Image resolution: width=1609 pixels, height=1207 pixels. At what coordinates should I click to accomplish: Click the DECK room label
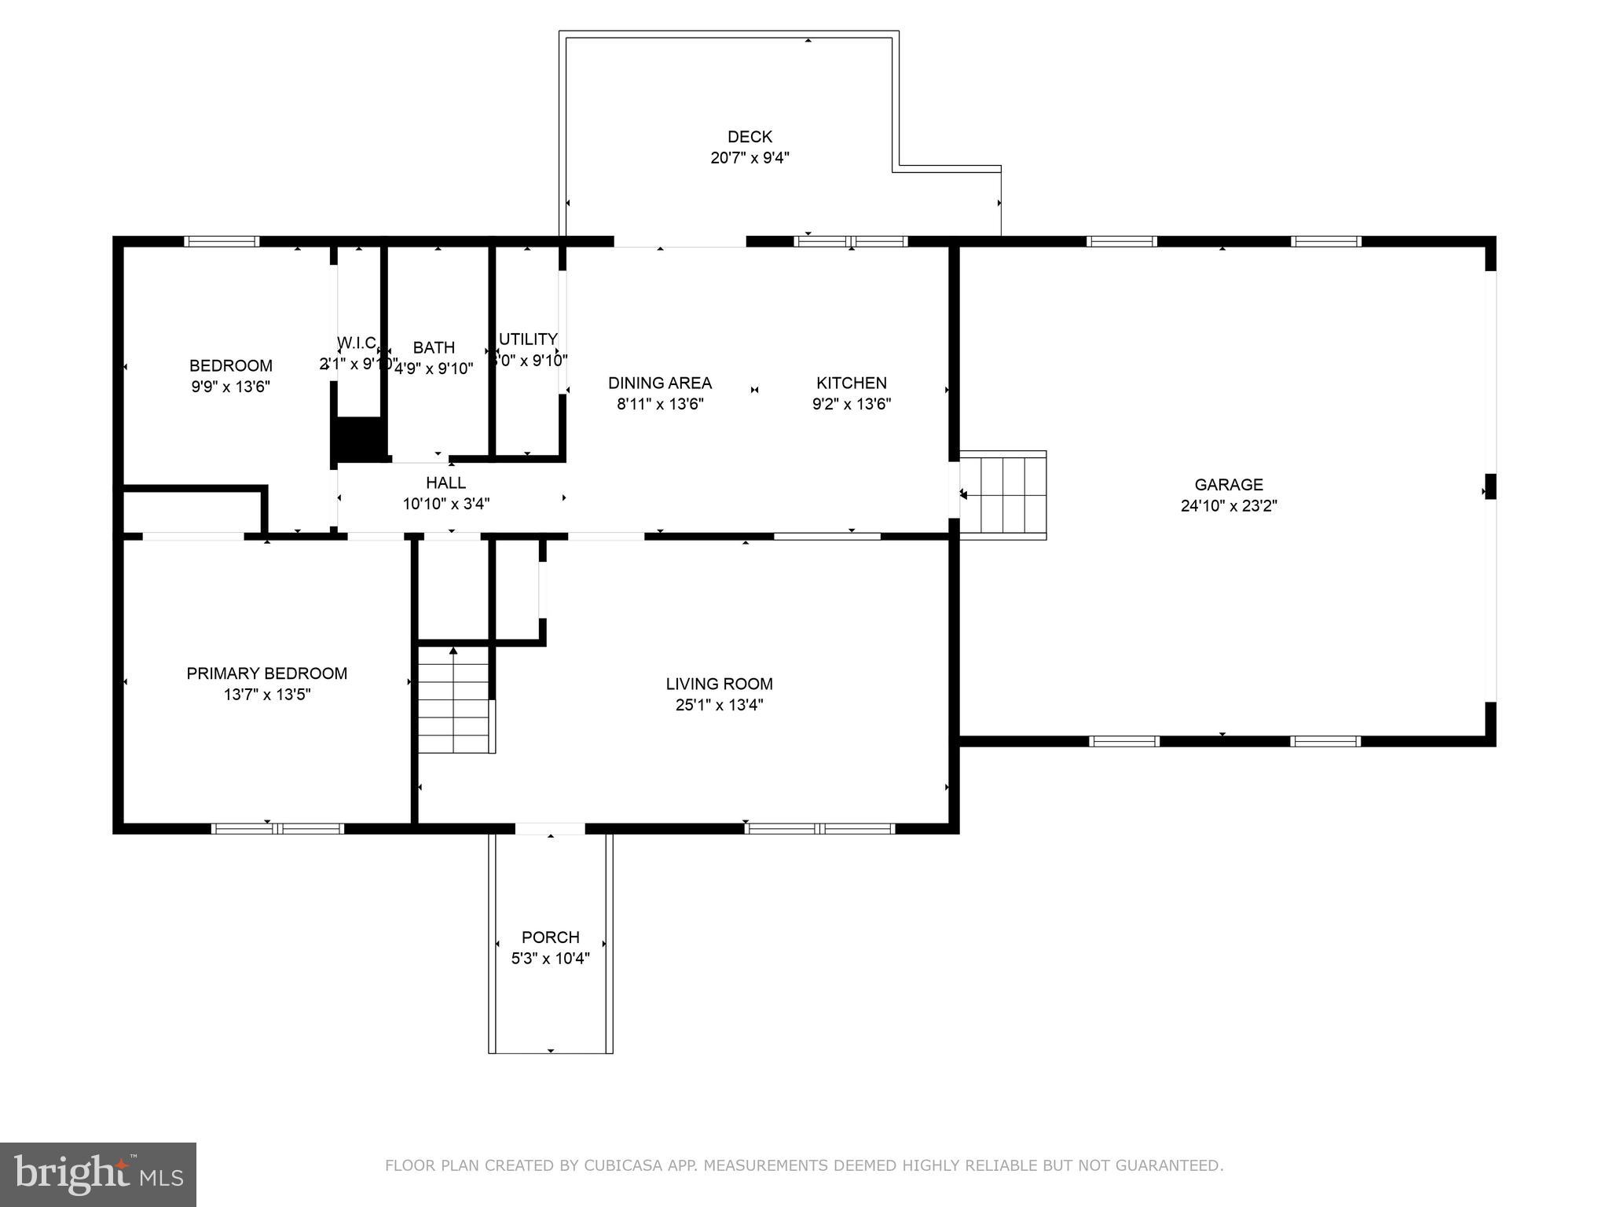[750, 137]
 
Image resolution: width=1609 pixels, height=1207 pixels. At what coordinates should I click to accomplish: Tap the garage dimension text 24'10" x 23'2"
[1229, 506]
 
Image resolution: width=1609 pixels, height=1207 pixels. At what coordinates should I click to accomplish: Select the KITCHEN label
[851, 383]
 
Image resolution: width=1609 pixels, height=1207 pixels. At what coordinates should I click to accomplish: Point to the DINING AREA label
[659, 383]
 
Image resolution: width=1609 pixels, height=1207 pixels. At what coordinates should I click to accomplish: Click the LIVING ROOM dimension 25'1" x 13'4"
[719, 705]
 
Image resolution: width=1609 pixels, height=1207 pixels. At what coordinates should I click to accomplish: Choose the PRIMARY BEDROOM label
[266, 673]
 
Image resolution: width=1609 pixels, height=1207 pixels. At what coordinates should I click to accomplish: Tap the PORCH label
[550, 937]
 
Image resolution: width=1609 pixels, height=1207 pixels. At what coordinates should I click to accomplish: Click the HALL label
[445, 482]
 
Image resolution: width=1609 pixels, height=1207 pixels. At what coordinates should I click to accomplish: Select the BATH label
[434, 347]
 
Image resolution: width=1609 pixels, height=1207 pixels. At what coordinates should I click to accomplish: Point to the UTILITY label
[528, 339]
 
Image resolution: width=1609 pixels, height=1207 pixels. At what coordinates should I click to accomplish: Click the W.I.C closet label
[357, 343]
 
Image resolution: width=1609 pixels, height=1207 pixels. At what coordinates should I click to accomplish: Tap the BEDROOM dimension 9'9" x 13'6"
[231, 387]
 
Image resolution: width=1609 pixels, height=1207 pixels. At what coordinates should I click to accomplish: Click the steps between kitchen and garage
[1003, 495]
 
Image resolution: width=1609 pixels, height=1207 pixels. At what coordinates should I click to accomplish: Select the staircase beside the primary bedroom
[454, 699]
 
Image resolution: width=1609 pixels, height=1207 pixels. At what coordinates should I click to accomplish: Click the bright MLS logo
[98, 1174]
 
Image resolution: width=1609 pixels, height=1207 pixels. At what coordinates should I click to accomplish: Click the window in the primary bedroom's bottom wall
[277, 828]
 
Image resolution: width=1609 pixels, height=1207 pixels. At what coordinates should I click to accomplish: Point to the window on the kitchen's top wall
[851, 241]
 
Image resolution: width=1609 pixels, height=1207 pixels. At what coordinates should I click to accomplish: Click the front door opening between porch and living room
[550, 828]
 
